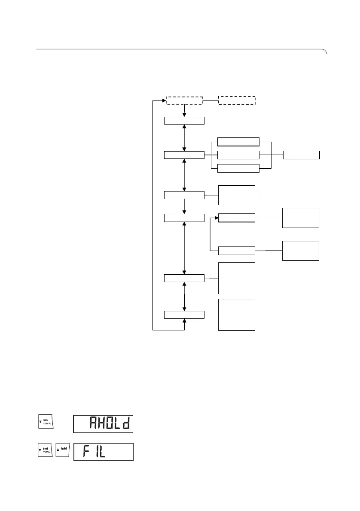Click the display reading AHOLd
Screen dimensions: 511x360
pyautogui.click(x=103, y=424)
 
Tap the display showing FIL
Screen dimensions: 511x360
pyautogui.click(x=103, y=452)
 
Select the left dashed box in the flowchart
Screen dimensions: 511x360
pyautogui.click(x=184, y=100)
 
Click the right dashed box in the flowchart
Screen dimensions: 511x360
pyautogui.click(x=237, y=100)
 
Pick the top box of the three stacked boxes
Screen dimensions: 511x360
pyautogui.click(x=238, y=142)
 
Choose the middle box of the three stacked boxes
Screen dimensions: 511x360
pyautogui.click(x=238, y=155)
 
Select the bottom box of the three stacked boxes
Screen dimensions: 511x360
pyautogui.click(x=238, y=168)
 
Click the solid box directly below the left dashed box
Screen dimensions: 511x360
pyautogui.click(x=184, y=120)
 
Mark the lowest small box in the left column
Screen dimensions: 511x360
pyautogui.click(x=184, y=315)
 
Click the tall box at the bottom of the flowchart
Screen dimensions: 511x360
pyautogui.click(x=237, y=315)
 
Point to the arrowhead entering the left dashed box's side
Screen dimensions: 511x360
pyautogui.click(x=165, y=100)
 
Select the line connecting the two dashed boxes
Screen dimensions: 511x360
pyautogui.click(x=211, y=100)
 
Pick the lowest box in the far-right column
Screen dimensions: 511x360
pyautogui.click(x=300, y=250)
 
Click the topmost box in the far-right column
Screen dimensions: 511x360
pyautogui.click(x=301, y=155)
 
